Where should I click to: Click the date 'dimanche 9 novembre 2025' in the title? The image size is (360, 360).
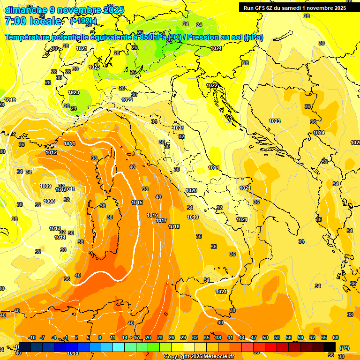coord(64,10)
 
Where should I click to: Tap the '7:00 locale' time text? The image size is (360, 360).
coord(33,21)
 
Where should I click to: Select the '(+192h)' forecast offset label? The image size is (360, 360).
coord(83,21)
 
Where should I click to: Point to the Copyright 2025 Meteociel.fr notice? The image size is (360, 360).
coord(199,356)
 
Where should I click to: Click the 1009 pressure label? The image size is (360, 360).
coord(45,186)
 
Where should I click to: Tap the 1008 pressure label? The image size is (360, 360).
coord(49,201)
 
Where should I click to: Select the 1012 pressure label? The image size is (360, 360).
coord(51,152)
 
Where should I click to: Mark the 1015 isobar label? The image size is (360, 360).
coord(137,202)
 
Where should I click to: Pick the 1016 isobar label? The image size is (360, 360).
coord(152,215)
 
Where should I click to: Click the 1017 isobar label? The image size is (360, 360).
coord(162,220)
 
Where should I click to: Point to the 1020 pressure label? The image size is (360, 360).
coord(191,190)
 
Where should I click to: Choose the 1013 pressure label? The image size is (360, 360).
coord(55,228)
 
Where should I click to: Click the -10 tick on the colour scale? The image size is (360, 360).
coord(32,338)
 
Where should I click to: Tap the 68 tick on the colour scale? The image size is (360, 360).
coord(336,338)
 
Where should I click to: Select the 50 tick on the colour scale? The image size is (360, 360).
coord(265,338)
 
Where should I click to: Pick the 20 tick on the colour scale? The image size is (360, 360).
coord(148,338)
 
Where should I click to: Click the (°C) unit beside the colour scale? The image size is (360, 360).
coord(344,347)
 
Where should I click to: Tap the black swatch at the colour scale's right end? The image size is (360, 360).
coord(330,347)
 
